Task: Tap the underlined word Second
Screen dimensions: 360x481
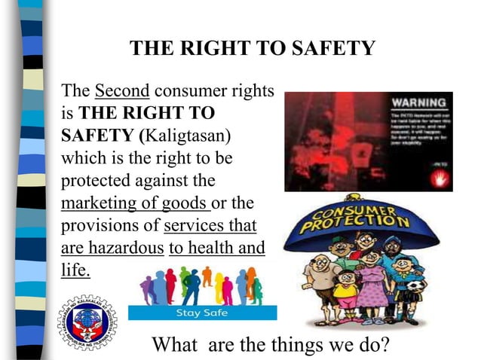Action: (x=123, y=92)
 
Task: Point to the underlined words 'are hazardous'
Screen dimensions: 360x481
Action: (x=112, y=248)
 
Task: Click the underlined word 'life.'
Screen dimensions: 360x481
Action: (x=75, y=270)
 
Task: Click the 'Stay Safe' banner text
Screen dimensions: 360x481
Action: (x=199, y=312)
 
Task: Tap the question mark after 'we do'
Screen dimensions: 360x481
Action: (x=385, y=346)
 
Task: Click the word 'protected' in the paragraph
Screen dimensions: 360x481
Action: (x=93, y=181)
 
